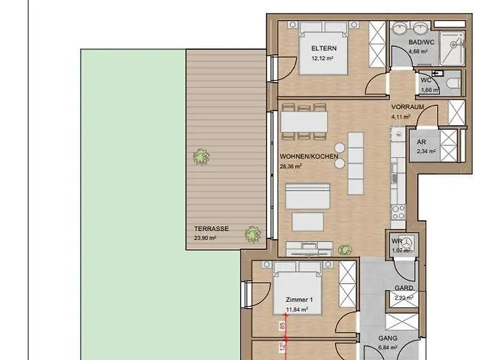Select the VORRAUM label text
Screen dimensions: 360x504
click(406, 107)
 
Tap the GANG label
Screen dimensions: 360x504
click(388, 338)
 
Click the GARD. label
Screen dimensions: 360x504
click(404, 288)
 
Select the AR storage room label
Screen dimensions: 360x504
click(421, 142)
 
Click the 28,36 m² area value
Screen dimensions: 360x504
click(291, 165)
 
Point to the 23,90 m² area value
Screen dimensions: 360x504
click(205, 237)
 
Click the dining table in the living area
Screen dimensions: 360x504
click(304, 122)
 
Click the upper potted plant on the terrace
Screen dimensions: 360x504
click(200, 156)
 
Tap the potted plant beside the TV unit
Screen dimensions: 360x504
click(345, 249)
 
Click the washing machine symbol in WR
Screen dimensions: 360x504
click(408, 242)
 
